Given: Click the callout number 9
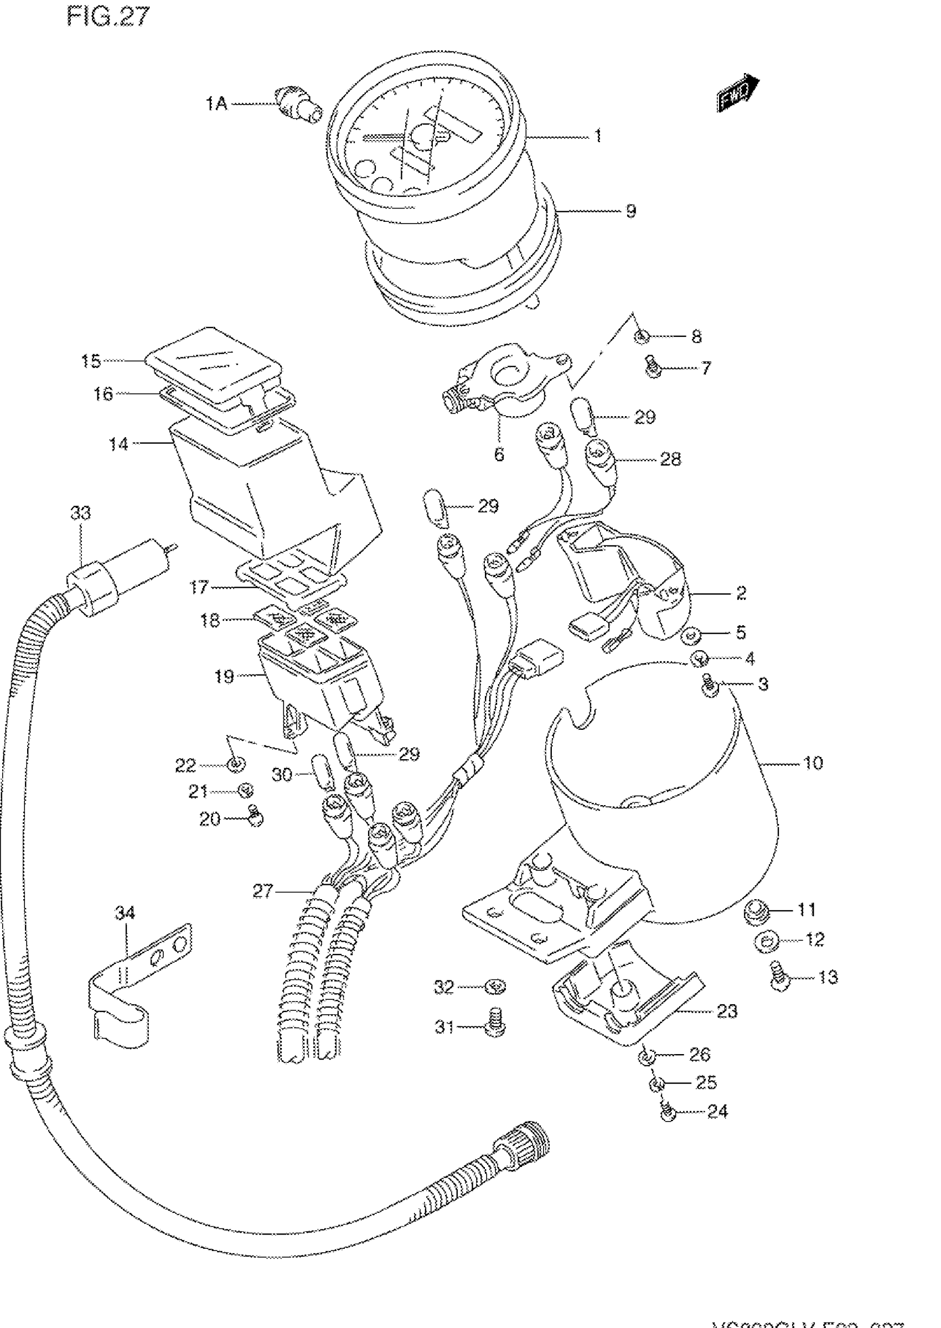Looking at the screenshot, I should point(631,211).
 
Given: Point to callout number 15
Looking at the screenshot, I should point(91,361).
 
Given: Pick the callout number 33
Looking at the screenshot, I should point(81,513).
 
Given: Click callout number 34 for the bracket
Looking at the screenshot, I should point(125,914).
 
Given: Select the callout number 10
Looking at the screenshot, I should point(813,762).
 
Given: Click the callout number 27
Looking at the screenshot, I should point(262,891).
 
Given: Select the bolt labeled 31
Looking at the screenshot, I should point(495,1027).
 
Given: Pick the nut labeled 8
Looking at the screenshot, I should point(642,336).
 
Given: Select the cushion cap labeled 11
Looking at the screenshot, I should point(757,911).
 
